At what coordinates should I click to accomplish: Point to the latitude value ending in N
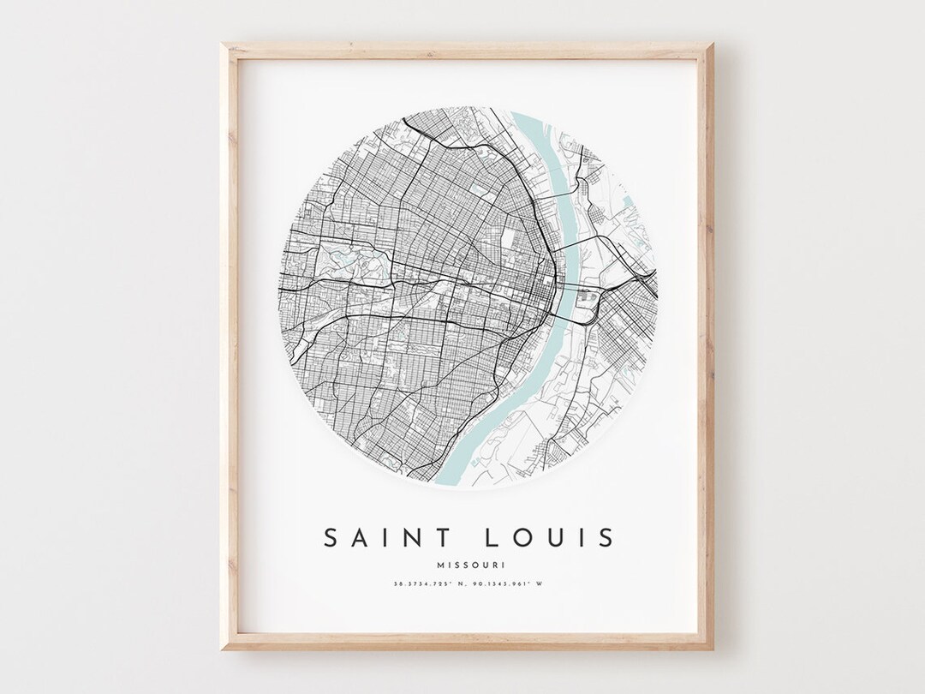[421, 585]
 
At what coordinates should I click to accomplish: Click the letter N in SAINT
[416, 537]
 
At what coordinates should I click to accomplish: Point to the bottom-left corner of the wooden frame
[224, 649]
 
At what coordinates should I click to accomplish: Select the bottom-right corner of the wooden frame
[712, 649]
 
